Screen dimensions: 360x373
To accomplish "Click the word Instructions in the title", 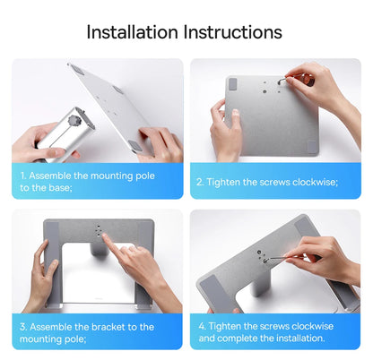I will click(x=232, y=32).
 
